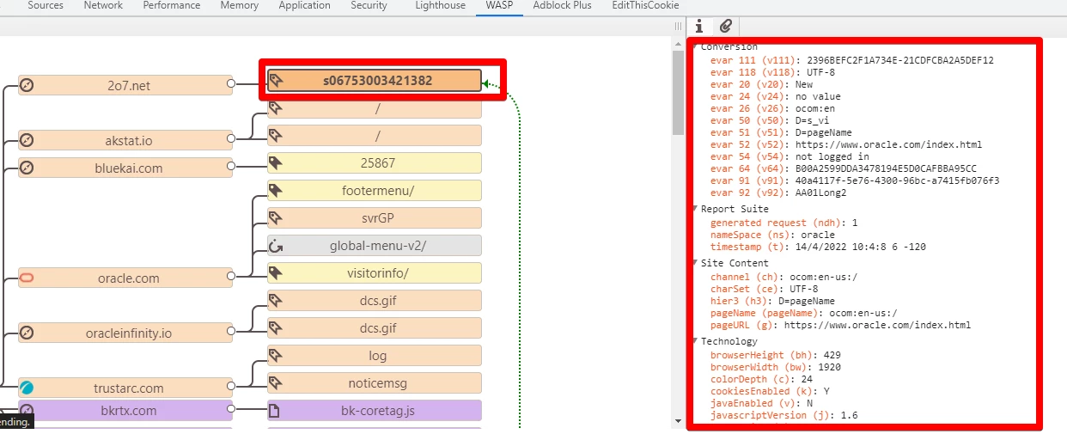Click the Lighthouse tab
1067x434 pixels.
(440, 6)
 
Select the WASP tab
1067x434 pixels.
(499, 5)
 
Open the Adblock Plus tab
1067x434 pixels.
(562, 5)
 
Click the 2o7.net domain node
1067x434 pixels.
(125, 85)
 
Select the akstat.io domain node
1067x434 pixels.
(125, 141)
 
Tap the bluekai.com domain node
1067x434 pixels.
(125, 168)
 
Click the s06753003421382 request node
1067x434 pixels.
(375, 81)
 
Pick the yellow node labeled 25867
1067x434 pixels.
(375, 163)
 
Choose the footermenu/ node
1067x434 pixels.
(375, 191)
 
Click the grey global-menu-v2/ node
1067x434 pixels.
(375, 246)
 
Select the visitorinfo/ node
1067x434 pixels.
(375, 273)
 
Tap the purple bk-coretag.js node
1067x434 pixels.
(375, 411)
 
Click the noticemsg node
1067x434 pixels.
(375, 383)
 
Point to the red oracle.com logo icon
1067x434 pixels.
(27, 278)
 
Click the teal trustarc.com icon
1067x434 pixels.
(27, 388)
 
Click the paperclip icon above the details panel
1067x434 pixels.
(725, 26)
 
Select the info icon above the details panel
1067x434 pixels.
(698, 26)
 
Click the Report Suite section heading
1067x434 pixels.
(735, 209)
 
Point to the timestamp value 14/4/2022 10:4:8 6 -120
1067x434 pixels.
(860, 247)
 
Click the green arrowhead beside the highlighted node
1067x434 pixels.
(485, 84)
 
